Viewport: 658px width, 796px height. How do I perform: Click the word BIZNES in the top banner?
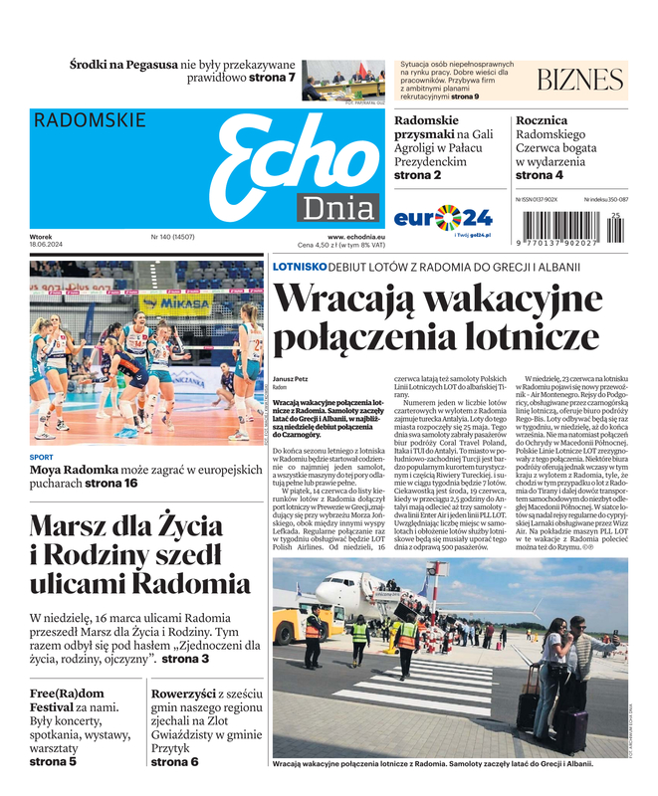[579, 81]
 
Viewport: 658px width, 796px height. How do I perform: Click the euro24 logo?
[443, 217]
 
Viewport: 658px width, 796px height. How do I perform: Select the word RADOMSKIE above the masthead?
[90, 120]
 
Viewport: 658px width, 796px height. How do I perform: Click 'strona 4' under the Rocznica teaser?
[540, 175]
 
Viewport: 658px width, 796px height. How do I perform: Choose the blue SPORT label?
[42, 457]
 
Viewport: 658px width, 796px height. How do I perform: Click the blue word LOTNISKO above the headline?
[300, 267]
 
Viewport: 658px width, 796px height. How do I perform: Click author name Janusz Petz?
[291, 379]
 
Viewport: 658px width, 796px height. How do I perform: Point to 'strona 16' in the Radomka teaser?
[111, 483]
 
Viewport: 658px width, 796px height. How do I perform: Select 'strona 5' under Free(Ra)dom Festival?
[53, 761]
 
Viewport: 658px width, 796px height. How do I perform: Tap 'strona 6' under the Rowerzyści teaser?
[174, 761]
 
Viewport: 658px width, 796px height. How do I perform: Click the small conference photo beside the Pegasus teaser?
[343, 80]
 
